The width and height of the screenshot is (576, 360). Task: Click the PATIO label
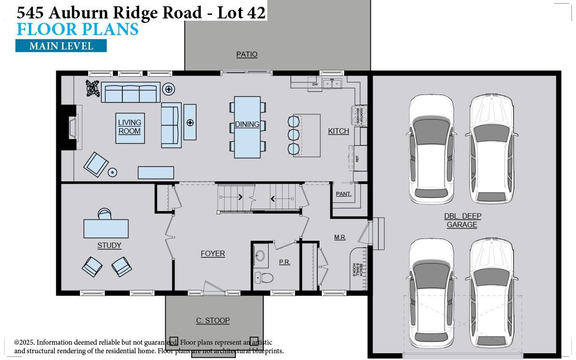247,54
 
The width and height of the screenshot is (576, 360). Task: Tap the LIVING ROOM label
130,127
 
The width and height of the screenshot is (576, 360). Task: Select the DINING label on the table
247,125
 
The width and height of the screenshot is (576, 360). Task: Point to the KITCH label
338,131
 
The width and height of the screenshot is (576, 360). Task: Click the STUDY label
109,245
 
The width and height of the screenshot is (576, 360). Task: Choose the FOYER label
213,254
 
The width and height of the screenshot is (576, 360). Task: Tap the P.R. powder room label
284,262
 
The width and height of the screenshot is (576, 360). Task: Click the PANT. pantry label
343,194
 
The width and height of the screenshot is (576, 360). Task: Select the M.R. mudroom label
340,237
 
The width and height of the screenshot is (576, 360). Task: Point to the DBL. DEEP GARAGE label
462,220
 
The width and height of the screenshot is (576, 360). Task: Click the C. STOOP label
213,320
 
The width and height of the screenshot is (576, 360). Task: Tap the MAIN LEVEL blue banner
61,46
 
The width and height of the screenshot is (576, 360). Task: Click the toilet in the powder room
264,278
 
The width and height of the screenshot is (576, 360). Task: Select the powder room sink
260,256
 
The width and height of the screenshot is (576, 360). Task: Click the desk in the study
106,229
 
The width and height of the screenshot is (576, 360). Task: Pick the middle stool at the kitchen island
293,135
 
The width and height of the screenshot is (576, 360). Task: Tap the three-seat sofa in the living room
130,93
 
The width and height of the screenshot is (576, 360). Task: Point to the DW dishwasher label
315,84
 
